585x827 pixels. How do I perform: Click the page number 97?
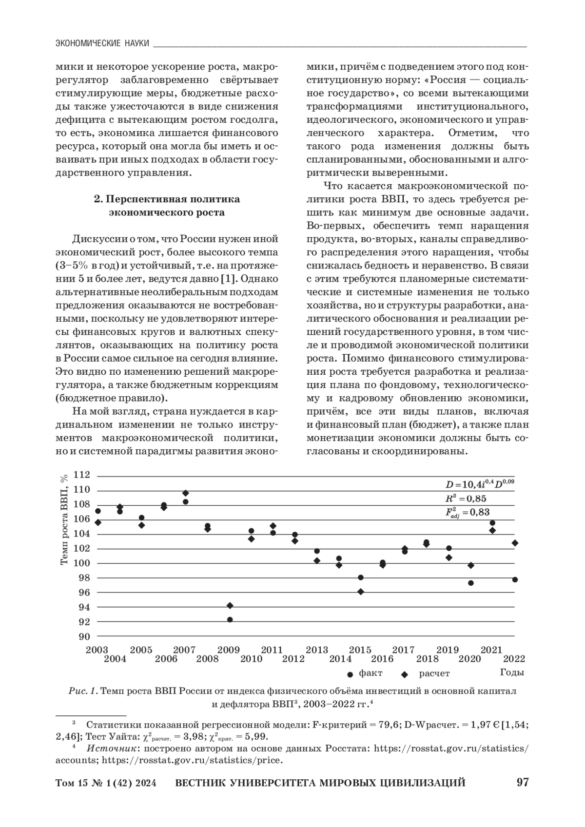coord(523,783)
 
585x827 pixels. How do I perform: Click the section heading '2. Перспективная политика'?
coord(167,199)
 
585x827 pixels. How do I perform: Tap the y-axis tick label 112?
coord(82,475)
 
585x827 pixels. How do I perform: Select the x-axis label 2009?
coord(228,650)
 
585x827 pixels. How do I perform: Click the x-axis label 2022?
coord(514,659)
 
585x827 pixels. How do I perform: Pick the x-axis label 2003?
coord(97,650)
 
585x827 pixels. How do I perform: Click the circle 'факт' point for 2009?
coord(230,619)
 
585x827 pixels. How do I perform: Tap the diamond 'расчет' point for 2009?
coord(230,605)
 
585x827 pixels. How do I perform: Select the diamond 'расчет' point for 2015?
coord(361,592)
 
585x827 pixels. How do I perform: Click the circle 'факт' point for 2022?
coord(515,579)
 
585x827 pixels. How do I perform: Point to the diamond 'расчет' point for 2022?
coord(515,543)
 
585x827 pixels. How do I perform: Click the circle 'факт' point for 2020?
coord(471,583)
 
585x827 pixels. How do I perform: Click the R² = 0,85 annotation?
coord(466,499)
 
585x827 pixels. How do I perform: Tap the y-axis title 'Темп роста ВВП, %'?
coord(64,520)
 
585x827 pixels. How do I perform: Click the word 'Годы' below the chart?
coord(512,673)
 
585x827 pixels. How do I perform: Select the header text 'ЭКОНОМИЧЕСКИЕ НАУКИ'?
coord(102,43)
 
